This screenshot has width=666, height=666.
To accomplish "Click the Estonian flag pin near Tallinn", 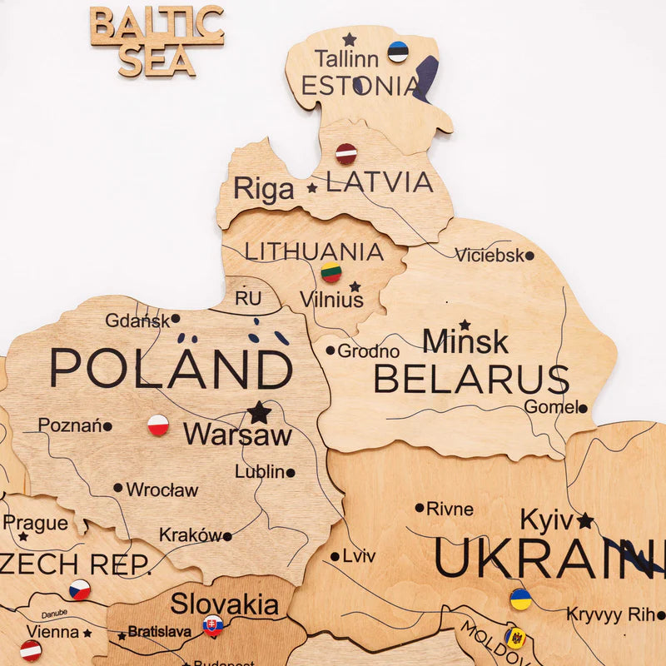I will (x=398, y=52).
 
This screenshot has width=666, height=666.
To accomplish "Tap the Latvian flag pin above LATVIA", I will (x=345, y=153).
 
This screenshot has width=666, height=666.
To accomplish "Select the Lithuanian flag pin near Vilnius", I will (x=331, y=272).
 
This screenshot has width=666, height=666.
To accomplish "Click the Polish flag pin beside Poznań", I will (x=158, y=425).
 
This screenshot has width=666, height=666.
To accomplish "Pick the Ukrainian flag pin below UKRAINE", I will (x=520, y=599).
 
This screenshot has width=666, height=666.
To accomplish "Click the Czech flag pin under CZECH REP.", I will (x=80, y=589).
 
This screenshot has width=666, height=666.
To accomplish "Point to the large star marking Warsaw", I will (x=259, y=412).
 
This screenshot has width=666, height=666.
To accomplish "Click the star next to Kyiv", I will (x=585, y=521).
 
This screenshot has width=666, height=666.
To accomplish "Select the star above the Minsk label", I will (x=465, y=325).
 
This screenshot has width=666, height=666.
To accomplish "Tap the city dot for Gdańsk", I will (x=176, y=319).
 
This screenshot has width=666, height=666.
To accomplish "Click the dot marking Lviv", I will (x=335, y=556).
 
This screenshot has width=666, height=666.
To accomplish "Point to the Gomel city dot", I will (x=583, y=408).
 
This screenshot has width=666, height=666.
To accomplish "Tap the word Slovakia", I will (x=225, y=604).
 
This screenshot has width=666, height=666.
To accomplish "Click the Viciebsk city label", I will (x=489, y=256).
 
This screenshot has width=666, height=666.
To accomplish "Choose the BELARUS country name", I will (x=470, y=379).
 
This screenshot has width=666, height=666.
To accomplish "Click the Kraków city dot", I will (x=226, y=536).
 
